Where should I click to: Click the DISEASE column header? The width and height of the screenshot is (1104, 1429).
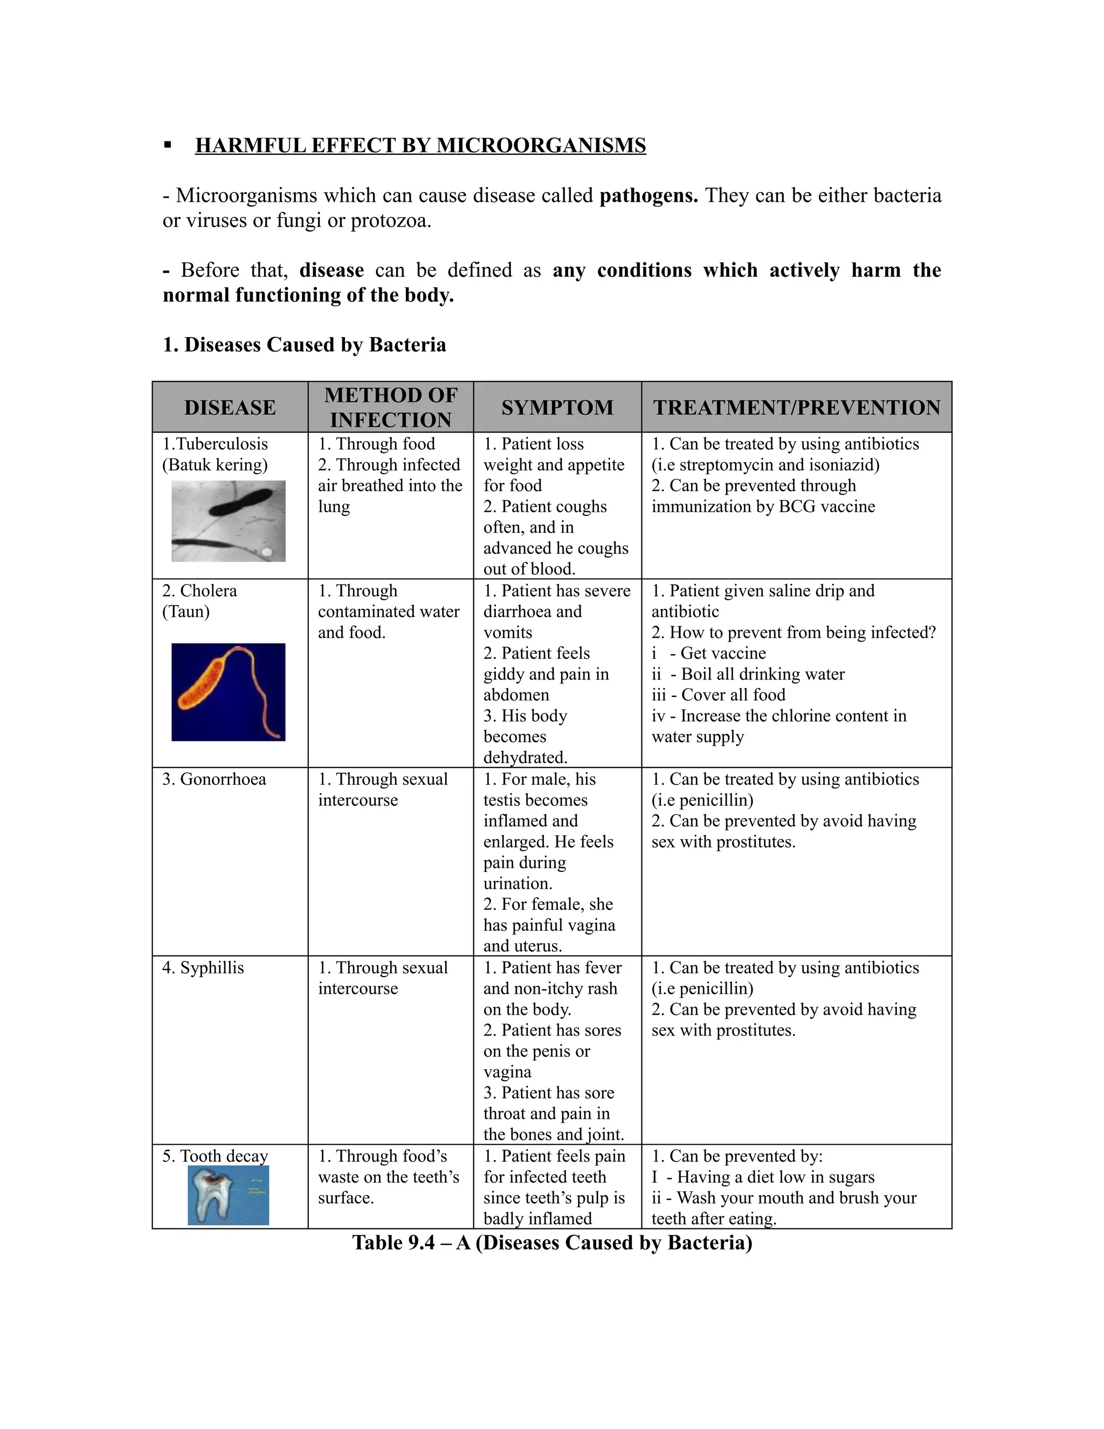(230, 407)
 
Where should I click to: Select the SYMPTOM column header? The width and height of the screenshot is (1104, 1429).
(557, 407)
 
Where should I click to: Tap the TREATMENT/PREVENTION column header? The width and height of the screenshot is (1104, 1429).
(797, 407)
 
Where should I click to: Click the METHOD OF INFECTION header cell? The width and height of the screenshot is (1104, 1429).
(390, 407)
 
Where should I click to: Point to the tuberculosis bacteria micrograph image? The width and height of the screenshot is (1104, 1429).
(228, 521)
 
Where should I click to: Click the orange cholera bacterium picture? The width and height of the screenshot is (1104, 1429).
(228, 692)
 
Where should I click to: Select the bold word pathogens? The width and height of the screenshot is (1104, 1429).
(648, 196)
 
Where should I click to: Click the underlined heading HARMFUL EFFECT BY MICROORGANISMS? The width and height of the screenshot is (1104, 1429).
(420, 145)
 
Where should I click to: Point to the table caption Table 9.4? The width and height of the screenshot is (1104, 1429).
(552, 1242)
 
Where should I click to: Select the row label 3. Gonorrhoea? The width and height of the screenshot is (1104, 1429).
(214, 779)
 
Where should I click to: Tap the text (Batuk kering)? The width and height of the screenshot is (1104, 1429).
(215, 465)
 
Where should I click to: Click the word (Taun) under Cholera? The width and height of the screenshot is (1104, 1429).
(186, 612)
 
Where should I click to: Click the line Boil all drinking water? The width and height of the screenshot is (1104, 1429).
(762, 674)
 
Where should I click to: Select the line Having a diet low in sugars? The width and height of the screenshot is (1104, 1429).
(775, 1177)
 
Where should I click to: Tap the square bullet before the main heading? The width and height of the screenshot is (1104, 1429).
(168, 145)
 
